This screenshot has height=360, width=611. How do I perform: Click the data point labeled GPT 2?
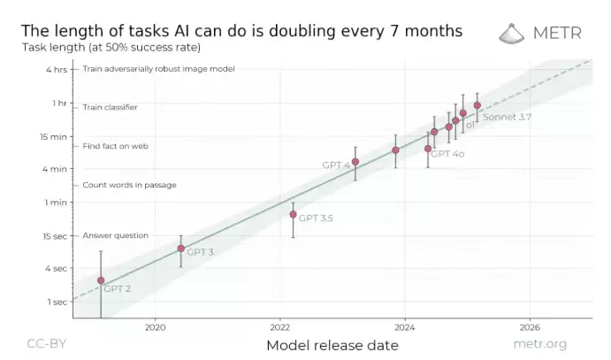click(x=101, y=280)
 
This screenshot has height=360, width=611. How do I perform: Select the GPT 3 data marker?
click(x=181, y=249)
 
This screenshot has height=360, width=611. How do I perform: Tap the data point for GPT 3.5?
click(x=293, y=214)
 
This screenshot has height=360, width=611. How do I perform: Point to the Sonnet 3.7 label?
click(x=507, y=117)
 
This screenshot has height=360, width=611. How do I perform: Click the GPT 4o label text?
click(x=447, y=154)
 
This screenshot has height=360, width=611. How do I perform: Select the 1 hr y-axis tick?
click(x=58, y=103)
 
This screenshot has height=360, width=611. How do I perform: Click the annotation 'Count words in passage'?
click(x=129, y=186)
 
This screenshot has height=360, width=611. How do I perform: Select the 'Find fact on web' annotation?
click(x=115, y=146)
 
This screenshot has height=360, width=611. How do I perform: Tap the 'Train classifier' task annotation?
click(x=111, y=107)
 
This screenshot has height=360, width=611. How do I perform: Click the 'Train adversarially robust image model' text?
click(x=158, y=68)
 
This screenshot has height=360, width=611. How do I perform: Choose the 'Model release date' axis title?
click(x=332, y=345)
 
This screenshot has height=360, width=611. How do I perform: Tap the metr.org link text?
click(x=539, y=343)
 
